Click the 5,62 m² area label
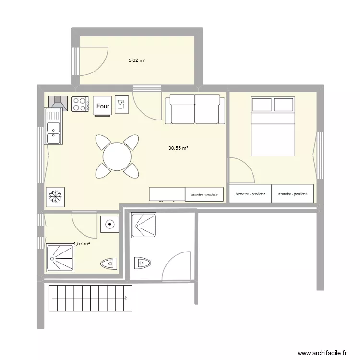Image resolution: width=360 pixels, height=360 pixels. pyautogui.click(x=136, y=60)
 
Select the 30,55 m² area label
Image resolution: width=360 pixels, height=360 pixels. pyautogui.click(x=178, y=149)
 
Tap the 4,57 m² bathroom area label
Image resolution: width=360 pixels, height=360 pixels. pyautogui.click(x=82, y=244)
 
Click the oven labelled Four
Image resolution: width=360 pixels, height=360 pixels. pyautogui.click(x=102, y=106)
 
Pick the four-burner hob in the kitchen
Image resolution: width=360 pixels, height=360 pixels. pyautogui.click(x=81, y=104)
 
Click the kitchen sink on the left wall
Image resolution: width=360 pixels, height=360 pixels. pyautogui.click(x=53, y=126)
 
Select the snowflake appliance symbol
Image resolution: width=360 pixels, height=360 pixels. pyautogui.click(x=56, y=196)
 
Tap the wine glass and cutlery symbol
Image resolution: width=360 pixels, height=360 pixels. pyautogui.click(x=121, y=104)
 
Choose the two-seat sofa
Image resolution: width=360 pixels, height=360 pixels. pyautogui.click(x=195, y=109)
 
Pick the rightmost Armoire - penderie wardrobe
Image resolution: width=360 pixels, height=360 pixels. pyautogui.click(x=293, y=194)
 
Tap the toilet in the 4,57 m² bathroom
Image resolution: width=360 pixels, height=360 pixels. pyautogui.click(x=109, y=264)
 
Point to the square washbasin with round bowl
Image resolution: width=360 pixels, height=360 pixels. pyautogui.click(x=110, y=224)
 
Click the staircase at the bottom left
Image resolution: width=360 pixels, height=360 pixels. pyautogui.click(x=90, y=298)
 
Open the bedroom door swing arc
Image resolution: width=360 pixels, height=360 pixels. pyautogui.click(x=240, y=171)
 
